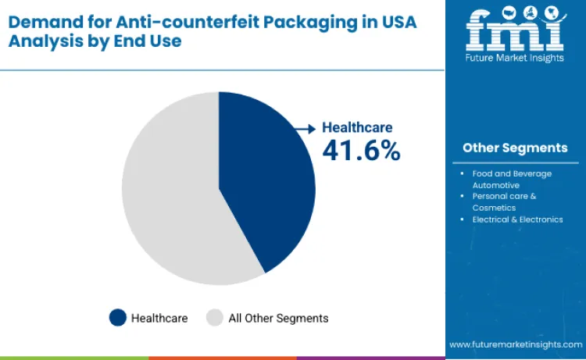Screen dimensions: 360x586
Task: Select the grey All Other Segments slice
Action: click(x=168, y=191)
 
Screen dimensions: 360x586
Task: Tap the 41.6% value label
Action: click(x=361, y=151)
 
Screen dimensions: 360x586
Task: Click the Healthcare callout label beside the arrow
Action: click(x=357, y=127)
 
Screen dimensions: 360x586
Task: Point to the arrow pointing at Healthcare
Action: click(x=305, y=127)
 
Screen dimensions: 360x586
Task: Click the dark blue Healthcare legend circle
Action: click(x=118, y=318)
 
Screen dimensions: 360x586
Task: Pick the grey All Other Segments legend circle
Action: click(x=215, y=318)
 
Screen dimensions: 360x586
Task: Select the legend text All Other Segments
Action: click(x=278, y=318)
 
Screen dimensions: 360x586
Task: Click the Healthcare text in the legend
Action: click(x=159, y=318)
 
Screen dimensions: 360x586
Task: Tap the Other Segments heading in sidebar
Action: click(x=514, y=148)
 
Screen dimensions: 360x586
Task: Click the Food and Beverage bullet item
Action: click(x=512, y=173)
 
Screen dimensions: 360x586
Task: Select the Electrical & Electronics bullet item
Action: click(x=517, y=219)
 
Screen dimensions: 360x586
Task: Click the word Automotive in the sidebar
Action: click(x=496, y=185)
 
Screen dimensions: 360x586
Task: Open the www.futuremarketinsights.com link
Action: click(x=516, y=344)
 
